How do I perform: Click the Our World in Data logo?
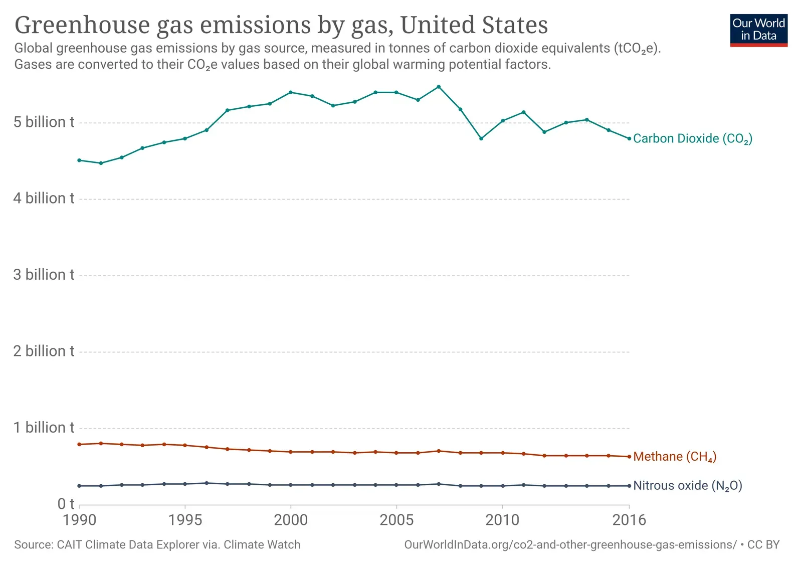click(x=758, y=30)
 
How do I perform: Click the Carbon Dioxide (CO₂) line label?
click(x=692, y=139)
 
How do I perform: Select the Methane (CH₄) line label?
click(x=674, y=457)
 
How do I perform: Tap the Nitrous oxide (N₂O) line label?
click(x=687, y=486)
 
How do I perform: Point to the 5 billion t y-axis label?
click(x=44, y=122)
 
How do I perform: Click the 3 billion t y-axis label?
click(x=44, y=275)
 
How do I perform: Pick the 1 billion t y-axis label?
click(x=44, y=428)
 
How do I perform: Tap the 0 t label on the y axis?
click(x=66, y=504)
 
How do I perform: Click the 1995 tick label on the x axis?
click(x=185, y=520)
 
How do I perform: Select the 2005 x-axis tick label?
click(x=396, y=520)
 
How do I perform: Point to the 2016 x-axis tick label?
click(x=629, y=520)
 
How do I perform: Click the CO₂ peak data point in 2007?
click(x=439, y=87)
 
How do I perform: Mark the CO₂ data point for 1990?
click(x=79, y=160)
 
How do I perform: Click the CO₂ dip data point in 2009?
click(x=481, y=138)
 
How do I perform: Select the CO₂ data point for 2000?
click(x=291, y=92)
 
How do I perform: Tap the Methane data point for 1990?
click(x=79, y=444)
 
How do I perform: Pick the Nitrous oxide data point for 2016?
click(x=629, y=486)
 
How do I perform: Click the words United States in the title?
click(x=474, y=25)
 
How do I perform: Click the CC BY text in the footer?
click(x=763, y=545)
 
